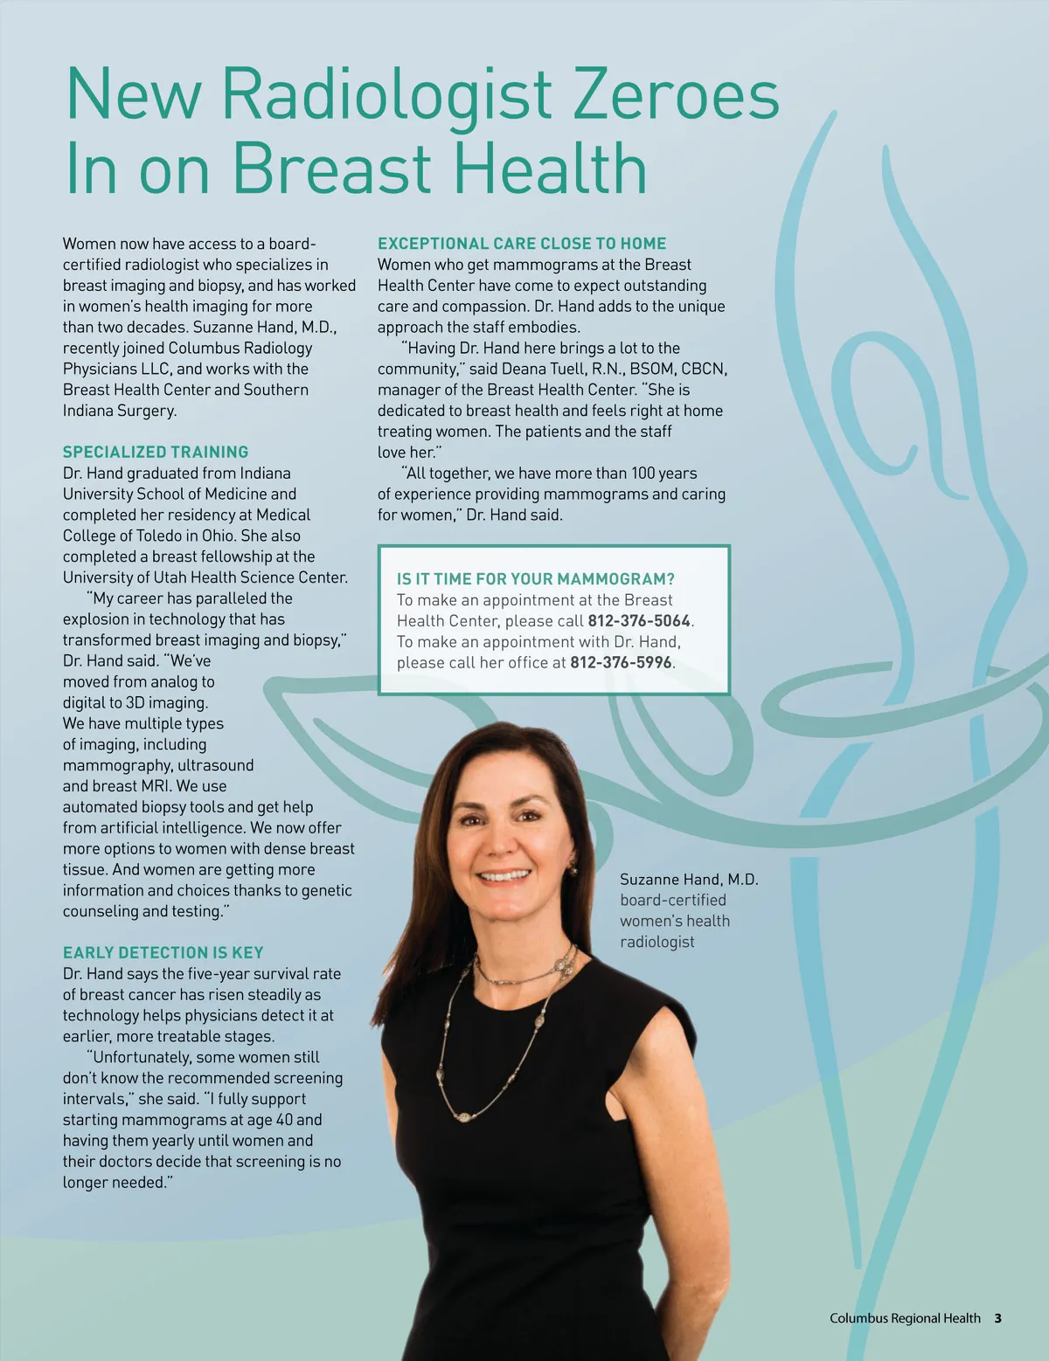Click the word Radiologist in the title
386,94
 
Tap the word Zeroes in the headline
675,94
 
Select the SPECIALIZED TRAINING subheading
156,452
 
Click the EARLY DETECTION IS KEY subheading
163,952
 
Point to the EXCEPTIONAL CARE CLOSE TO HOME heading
522,244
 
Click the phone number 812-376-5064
639,620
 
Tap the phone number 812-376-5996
621,662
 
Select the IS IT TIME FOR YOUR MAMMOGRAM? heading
535,578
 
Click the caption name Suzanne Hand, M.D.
689,879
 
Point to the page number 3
997,1318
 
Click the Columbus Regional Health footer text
905,1318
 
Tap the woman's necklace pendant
462,1116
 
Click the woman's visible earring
573,868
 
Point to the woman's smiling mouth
505,874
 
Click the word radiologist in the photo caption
657,942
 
